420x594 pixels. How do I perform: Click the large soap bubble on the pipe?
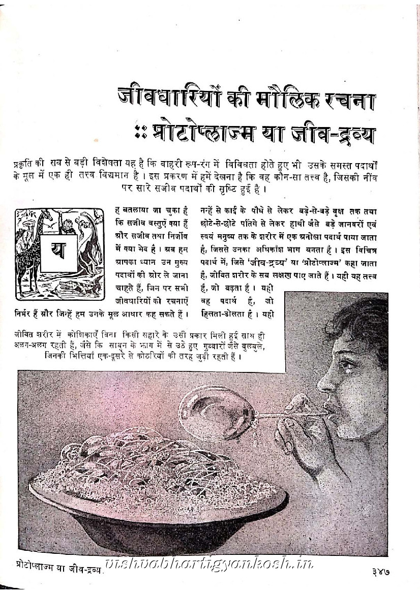[x=216, y=412]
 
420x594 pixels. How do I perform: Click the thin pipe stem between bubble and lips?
[x=285, y=415]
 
